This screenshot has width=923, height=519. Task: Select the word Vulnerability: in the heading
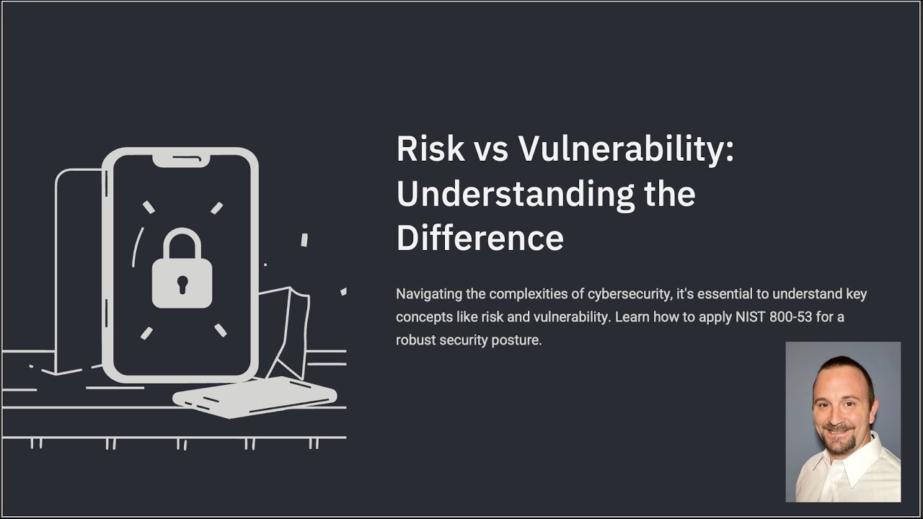pos(626,149)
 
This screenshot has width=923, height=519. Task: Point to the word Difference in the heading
pos(480,238)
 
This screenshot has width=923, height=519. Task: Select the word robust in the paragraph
pos(415,340)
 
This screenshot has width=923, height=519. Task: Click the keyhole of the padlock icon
pos(182,283)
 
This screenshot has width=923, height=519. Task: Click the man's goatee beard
pos(839,438)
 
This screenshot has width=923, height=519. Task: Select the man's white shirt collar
pos(865,461)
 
